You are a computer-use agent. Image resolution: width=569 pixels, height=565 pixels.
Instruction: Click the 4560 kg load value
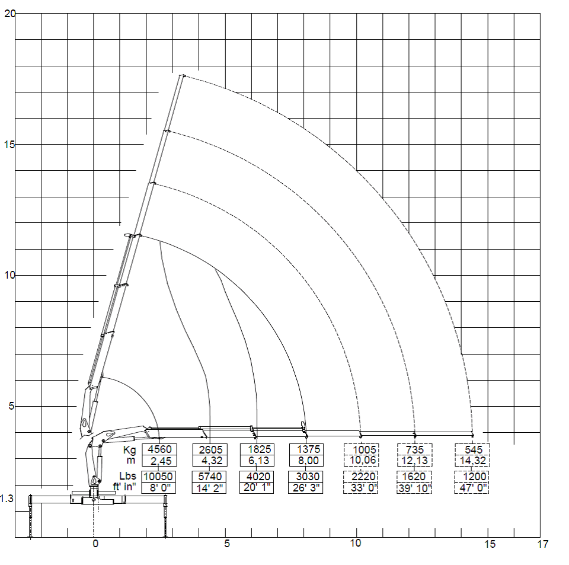(159, 449)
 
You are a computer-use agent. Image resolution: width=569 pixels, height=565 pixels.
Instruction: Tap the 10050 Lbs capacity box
(158, 477)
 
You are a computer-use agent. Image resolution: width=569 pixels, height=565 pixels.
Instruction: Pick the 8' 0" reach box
(158, 488)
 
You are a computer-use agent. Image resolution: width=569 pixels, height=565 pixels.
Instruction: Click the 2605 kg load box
(210, 449)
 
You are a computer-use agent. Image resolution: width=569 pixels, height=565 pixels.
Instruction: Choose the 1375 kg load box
(306, 449)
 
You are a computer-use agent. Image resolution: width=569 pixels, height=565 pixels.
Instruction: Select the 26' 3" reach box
(306, 488)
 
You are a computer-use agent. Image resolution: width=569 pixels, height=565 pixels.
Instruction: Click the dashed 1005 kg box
(362, 449)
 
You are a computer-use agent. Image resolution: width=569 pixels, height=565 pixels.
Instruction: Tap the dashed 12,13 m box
(415, 461)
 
